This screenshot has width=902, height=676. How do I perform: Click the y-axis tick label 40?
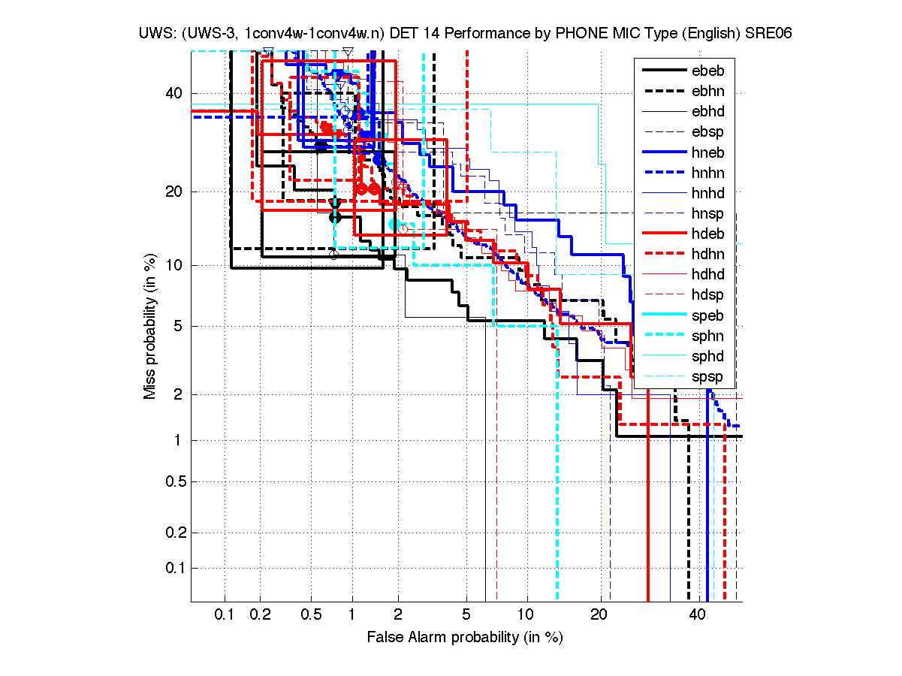click(173, 93)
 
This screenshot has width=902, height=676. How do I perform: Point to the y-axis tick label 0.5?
click(170, 481)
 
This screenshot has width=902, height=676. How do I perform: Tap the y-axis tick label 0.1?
click(170, 568)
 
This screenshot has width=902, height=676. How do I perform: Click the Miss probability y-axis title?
click(150, 326)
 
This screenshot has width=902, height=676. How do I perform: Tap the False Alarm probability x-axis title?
click(464, 638)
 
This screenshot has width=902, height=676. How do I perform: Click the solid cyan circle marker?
click(395, 224)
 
